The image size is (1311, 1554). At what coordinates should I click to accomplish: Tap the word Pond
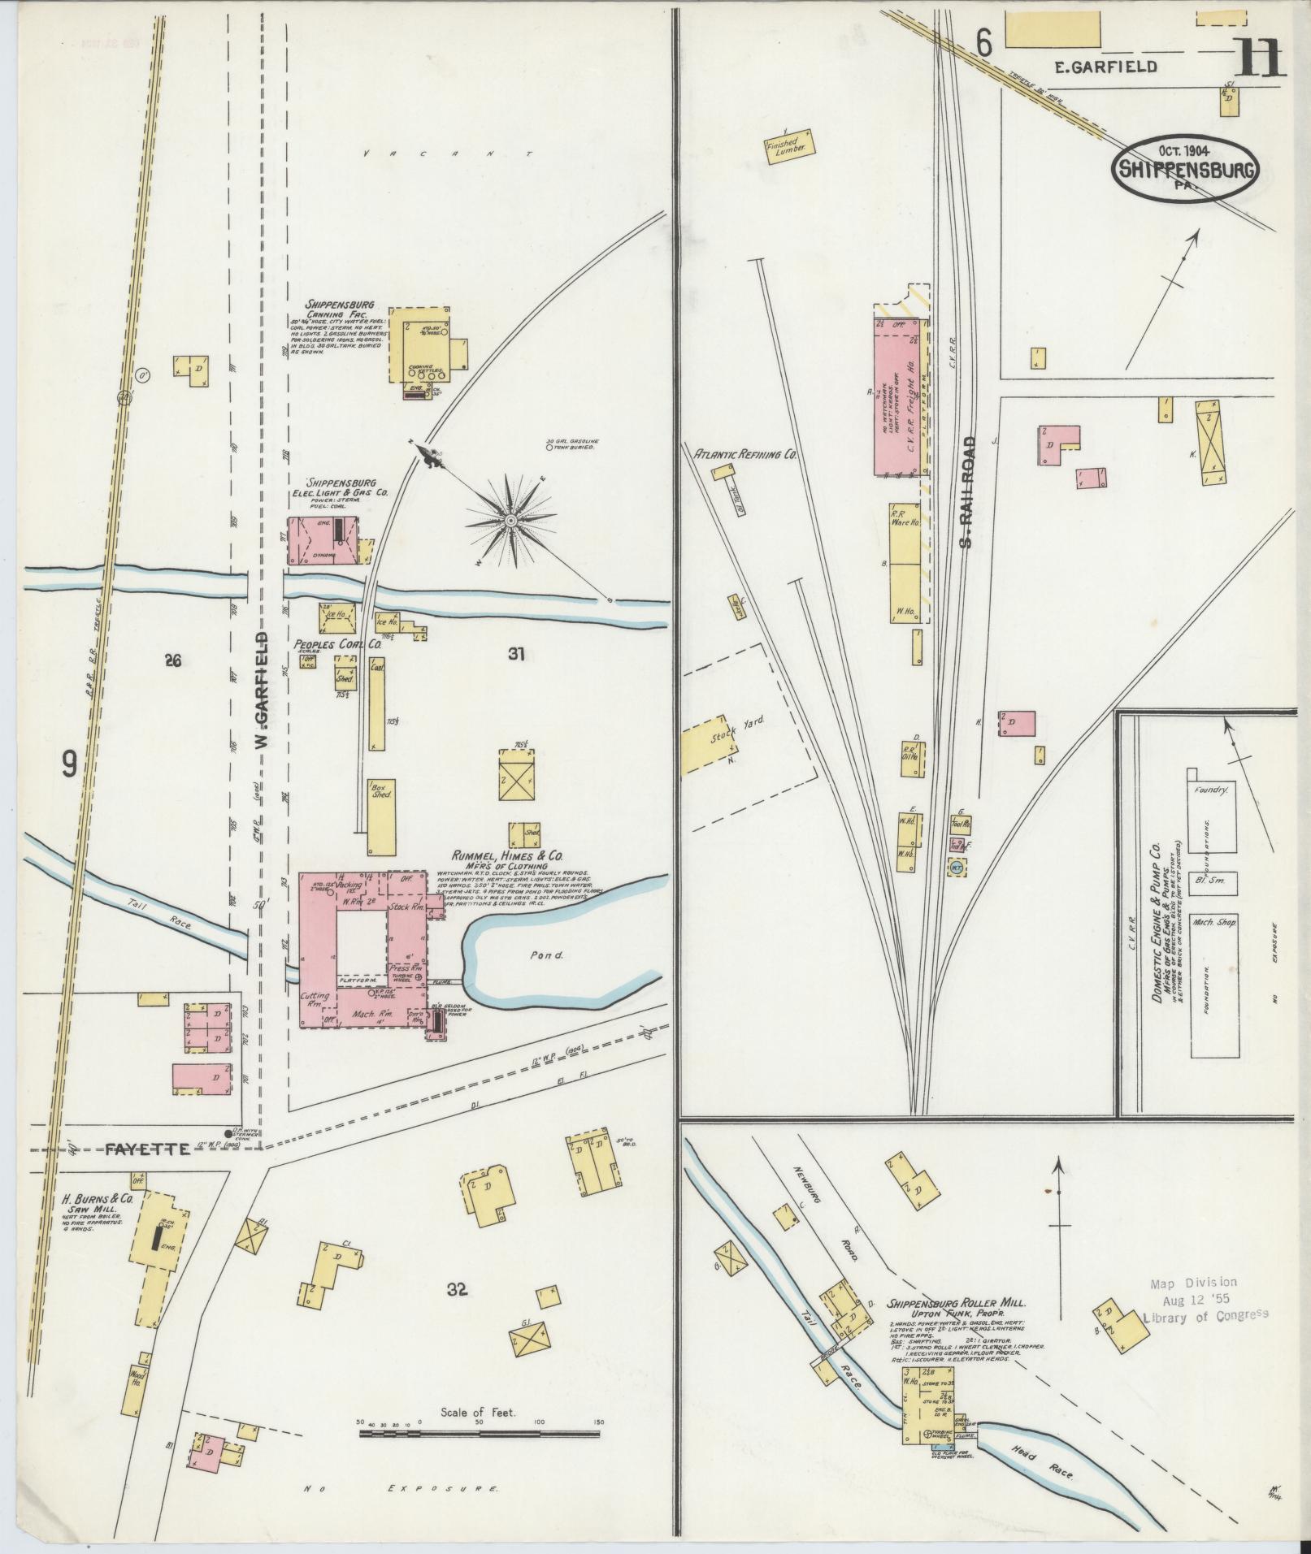click(547, 955)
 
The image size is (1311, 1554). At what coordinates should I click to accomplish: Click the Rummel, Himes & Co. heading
click(510, 856)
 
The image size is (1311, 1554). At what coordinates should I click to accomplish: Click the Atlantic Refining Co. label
click(744, 456)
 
